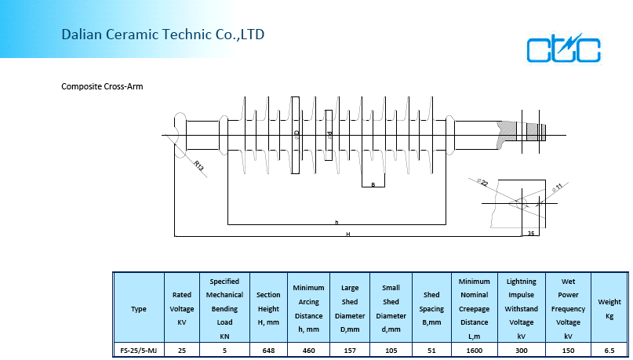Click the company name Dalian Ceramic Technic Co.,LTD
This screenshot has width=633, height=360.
pos(163,35)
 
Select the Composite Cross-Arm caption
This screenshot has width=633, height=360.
pos(102,86)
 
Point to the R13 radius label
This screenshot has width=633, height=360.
pos(199,165)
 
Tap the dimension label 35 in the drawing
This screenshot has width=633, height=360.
pos(531,233)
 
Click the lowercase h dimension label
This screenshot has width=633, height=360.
pos(337,223)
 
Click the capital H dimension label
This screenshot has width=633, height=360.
pos(347,235)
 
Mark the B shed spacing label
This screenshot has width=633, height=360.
pos(373,184)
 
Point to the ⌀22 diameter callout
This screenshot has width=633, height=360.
pos(482,183)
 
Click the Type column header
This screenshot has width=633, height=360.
pos(138,309)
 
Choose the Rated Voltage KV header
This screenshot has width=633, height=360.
pos(182,309)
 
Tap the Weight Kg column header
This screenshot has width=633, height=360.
pos(609,309)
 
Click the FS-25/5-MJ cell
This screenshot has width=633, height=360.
pos(138,350)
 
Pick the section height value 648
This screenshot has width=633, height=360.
pos(268,350)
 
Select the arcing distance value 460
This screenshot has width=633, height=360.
pos(308,350)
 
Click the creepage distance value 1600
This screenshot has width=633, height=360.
pos(474,350)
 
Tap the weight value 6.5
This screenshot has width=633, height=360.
pos(609,350)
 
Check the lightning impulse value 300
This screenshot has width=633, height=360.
pos(522,350)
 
